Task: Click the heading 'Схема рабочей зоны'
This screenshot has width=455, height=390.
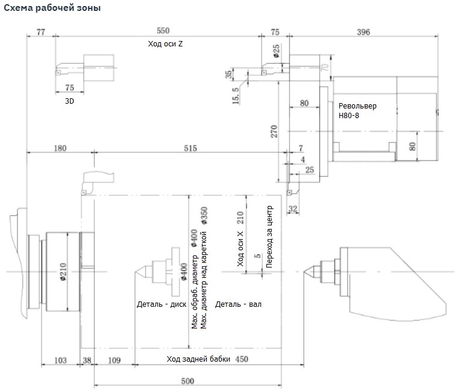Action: click(52, 8)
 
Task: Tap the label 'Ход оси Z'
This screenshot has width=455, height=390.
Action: click(165, 44)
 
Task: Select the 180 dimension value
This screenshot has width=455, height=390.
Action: click(60, 148)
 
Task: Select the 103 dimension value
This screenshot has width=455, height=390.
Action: click(60, 360)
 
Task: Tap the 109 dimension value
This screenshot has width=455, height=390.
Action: click(114, 360)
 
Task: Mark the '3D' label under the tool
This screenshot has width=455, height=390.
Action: click(69, 101)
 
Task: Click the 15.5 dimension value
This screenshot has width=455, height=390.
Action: click(235, 95)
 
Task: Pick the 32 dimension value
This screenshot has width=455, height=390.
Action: click(293, 209)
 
